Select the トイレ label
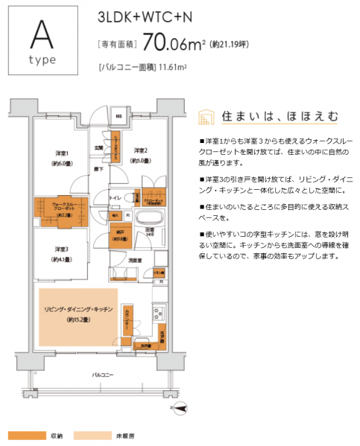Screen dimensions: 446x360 click(116, 197)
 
